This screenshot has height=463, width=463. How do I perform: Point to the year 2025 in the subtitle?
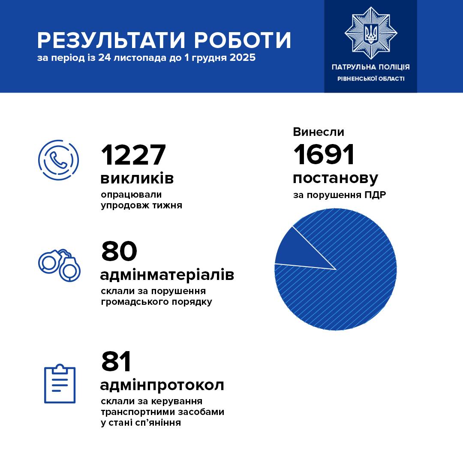click(x=242, y=57)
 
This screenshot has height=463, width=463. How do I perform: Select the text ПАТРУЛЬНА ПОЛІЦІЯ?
click(x=370, y=67)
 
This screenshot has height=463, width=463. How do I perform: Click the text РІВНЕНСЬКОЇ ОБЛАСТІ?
click(x=370, y=79)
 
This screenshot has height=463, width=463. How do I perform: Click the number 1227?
click(x=133, y=155)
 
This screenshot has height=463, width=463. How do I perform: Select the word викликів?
click(x=137, y=178)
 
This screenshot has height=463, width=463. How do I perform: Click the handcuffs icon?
click(x=60, y=264)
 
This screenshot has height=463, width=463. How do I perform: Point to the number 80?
click(x=119, y=251)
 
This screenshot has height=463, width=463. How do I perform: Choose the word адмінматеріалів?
click(x=167, y=274)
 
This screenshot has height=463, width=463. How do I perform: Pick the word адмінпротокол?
click(x=162, y=385)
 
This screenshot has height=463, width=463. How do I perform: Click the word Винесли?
click(x=319, y=132)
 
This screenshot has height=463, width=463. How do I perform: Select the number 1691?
click(x=324, y=155)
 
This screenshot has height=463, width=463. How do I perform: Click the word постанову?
click(x=335, y=178)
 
